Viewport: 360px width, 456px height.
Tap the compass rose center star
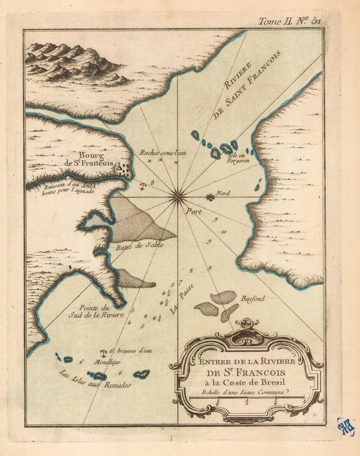click(178, 193)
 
